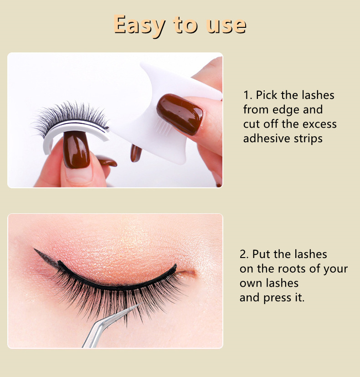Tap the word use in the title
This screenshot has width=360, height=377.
click(x=226, y=25)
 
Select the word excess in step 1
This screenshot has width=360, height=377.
click(x=319, y=124)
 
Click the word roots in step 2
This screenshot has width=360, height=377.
click(x=292, y=269)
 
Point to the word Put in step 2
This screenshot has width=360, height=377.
click(x=261, y=254)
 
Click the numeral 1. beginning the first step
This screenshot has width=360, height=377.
click(x=248, y=95)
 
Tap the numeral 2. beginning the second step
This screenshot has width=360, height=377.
click(x=244, y=254)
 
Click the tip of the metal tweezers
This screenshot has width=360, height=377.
click(x=140, y=304)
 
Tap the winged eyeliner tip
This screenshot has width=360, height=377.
click(x=35, y=249)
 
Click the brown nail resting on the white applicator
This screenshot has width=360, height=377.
click(x=180, y=114)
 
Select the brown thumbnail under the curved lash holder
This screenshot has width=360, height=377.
click(x=76, y=150)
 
